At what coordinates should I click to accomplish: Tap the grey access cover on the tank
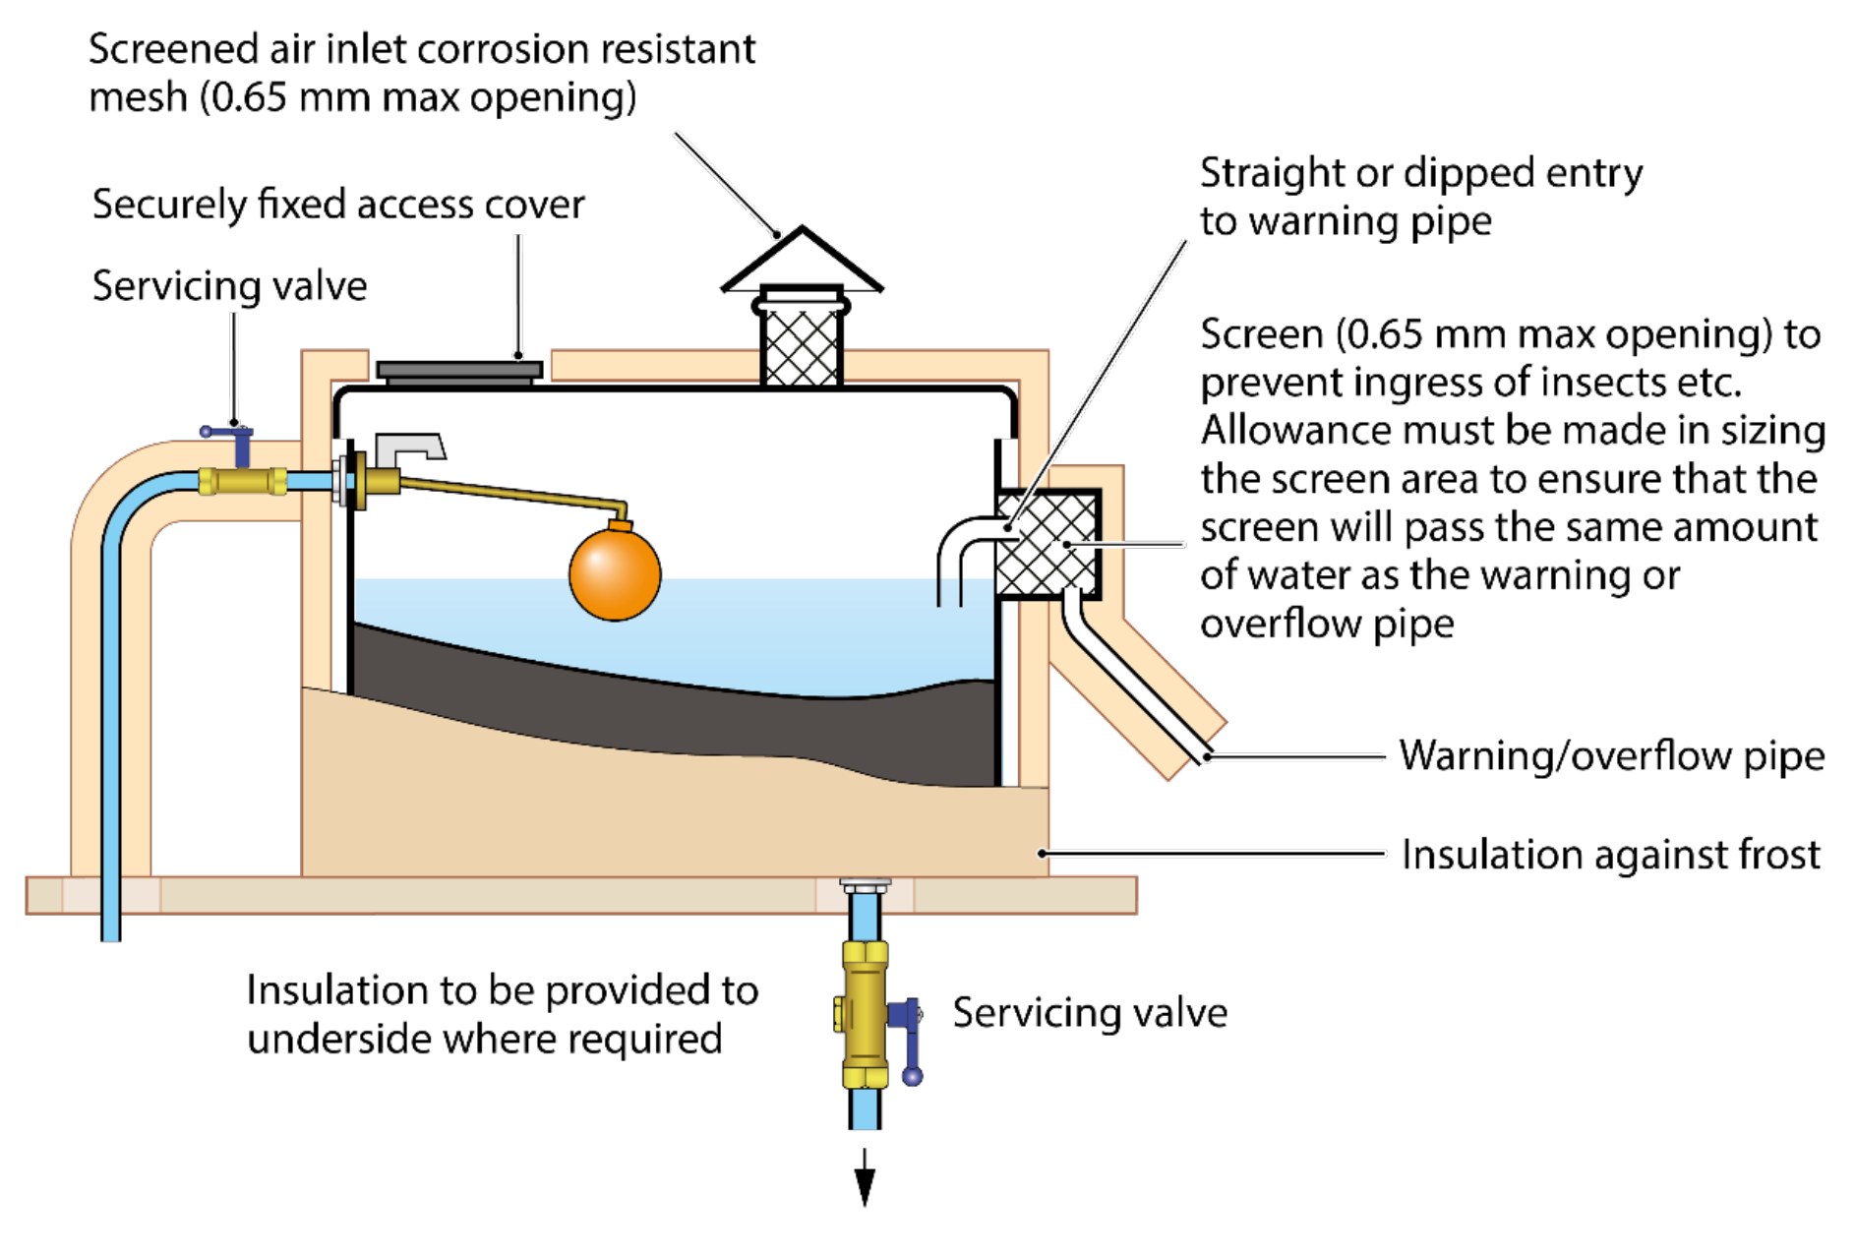tap(459, 371)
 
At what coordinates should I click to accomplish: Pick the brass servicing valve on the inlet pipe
tap(242, 481)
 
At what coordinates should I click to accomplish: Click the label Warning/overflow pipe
tap(1611, 755)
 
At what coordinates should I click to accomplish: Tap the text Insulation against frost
tap(1610, 854)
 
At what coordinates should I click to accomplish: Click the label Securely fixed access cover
tap(337, 205)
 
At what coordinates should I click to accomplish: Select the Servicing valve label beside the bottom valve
tap(1089, 1012)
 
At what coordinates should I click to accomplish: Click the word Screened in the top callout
tap(173, 49)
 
